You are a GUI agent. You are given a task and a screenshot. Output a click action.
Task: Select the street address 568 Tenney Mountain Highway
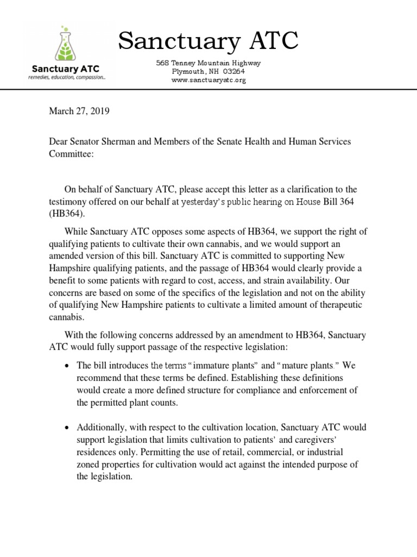coord(208,63)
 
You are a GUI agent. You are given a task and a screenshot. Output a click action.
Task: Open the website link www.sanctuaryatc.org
coord(208,80)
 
